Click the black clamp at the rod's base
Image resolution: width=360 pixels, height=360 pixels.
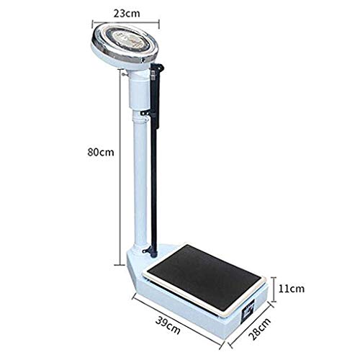point(150,251)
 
